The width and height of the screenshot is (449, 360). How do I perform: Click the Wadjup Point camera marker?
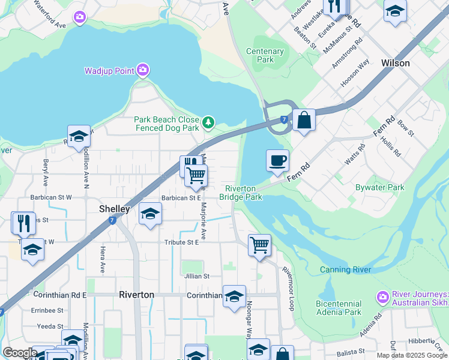click(142, 71)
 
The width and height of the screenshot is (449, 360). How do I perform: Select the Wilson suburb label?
click(395, 63)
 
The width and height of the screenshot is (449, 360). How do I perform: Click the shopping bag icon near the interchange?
click(304, 120)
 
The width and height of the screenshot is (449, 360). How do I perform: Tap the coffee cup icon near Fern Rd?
click(277, 160)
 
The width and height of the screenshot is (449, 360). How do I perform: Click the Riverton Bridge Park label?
click(240, 193)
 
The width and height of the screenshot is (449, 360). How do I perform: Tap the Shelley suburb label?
click(114, 209)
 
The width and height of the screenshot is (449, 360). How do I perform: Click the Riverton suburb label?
click(136, 295)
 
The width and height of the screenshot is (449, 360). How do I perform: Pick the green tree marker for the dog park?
click(208, 123)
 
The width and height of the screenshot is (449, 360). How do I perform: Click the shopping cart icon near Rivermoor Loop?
click(259, 244)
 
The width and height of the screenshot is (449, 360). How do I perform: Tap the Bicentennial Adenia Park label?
click(339, 308)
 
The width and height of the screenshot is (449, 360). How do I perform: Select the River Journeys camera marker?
click(382, 297)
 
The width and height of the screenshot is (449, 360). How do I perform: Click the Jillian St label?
click(197, 277)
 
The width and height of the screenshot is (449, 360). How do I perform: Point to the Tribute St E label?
click(181, 242)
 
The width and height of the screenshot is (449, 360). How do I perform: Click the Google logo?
click(20, 353)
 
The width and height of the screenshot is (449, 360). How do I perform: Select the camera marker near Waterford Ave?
click(80, 17)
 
